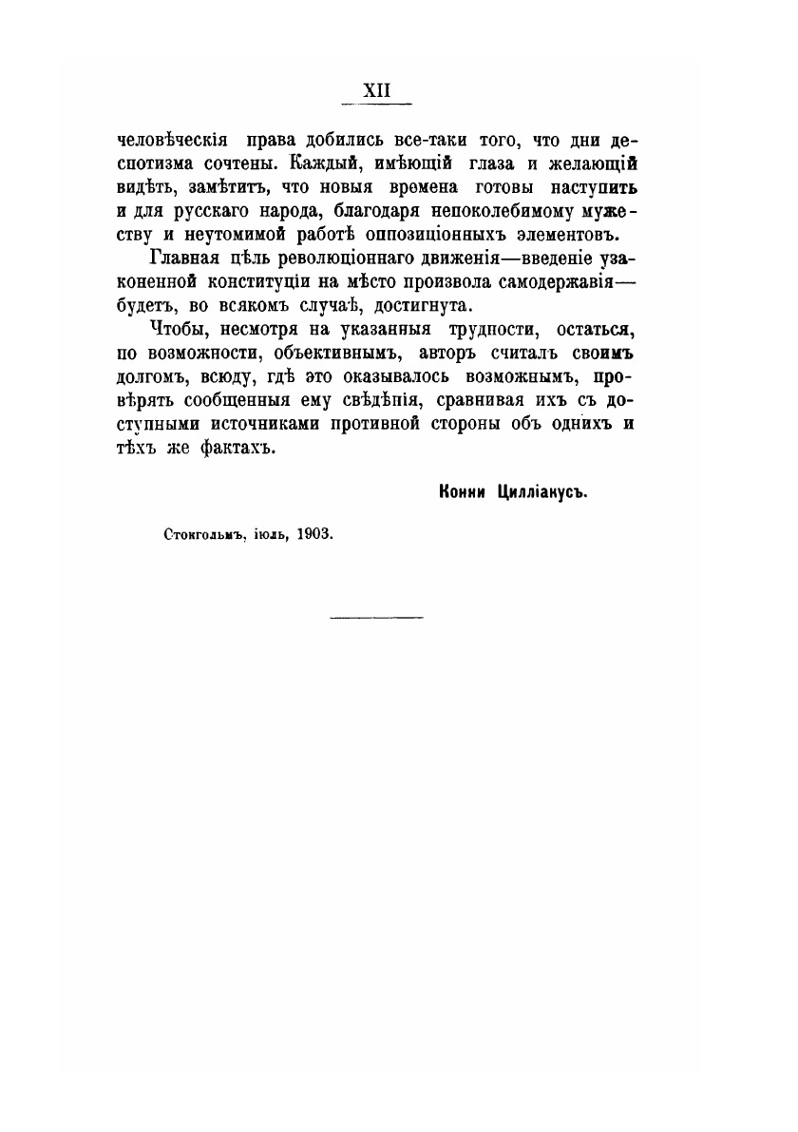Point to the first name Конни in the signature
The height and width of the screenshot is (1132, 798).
click(462, 491)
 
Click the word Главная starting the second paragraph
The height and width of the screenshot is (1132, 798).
click(185, 259)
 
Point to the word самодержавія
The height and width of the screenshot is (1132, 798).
click(549, 282)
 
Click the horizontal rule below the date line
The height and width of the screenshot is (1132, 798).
click(376, 618)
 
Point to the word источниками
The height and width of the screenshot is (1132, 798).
click(263, 424)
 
